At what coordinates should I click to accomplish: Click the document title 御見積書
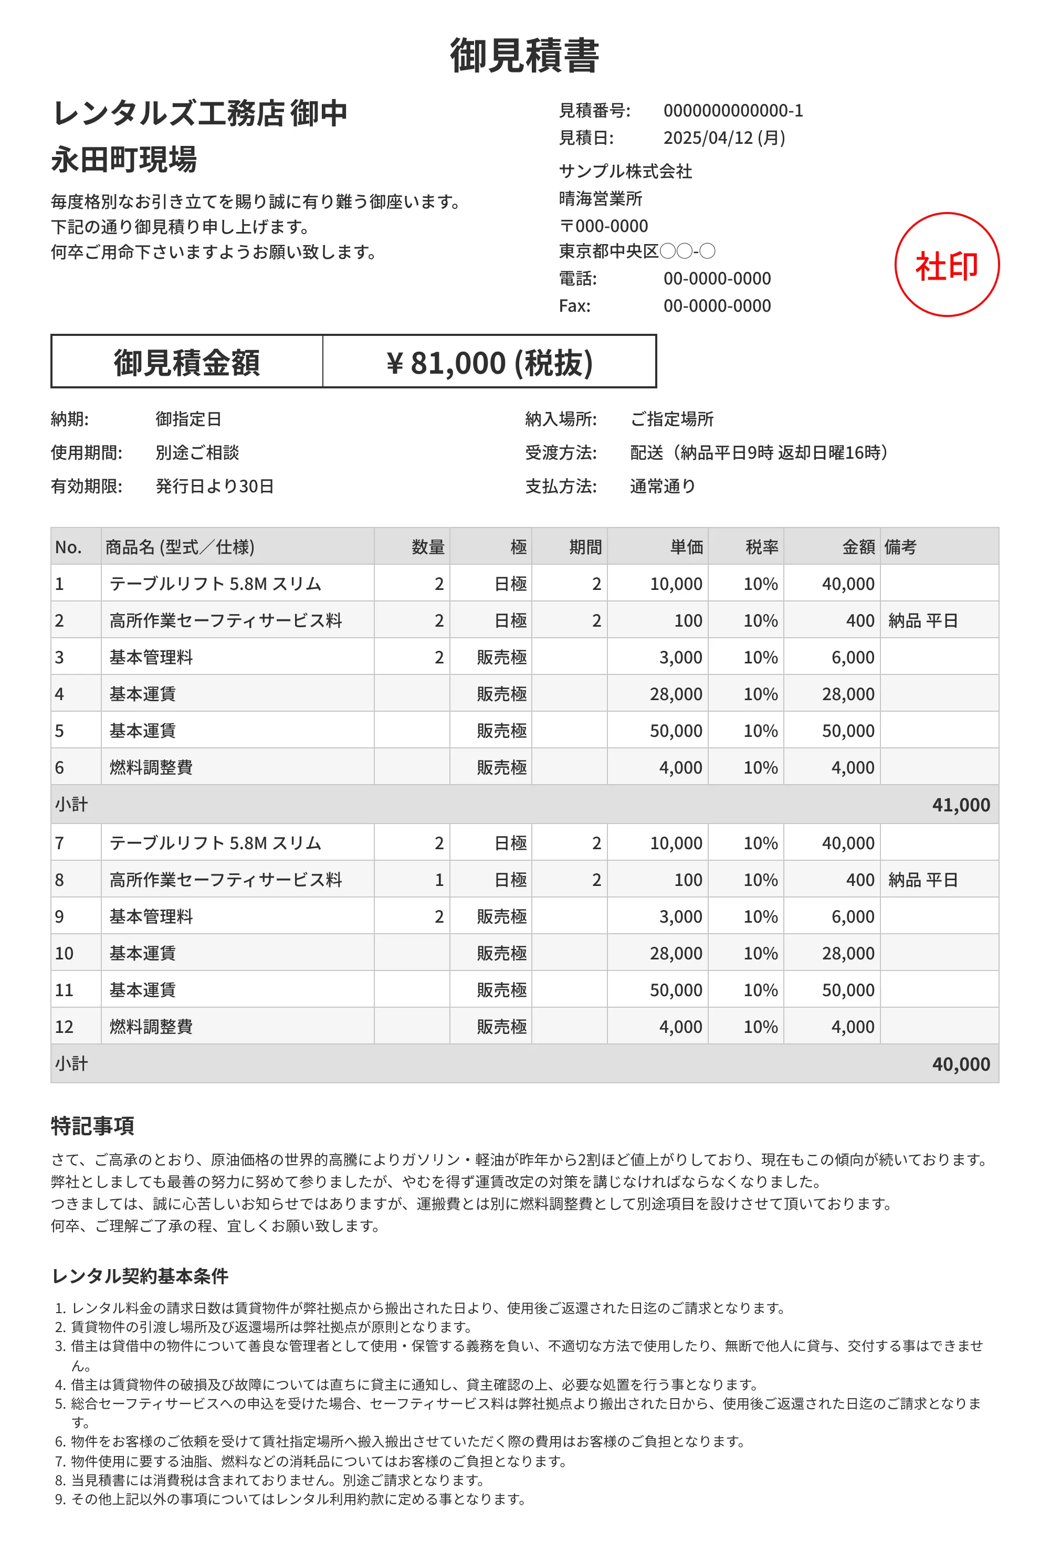pos(524,56)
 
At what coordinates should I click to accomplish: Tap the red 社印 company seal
pos(947,265)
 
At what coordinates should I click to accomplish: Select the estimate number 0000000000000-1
pos(733,111)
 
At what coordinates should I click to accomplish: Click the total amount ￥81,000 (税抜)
pos(489,362)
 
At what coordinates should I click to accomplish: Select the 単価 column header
pos(686,547)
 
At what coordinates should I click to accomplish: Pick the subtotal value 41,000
pos(960,805)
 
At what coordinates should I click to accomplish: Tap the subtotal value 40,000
pos(960,1064)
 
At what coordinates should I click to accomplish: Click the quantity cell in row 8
pos(439,880)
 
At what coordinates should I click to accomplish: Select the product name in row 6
pos(151,768)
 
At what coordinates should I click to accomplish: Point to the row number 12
pos(65,1027)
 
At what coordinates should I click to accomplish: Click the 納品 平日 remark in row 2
pos(922,620)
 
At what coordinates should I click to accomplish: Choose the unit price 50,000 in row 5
pos(676,731)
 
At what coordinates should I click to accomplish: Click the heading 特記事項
pos(93,1125)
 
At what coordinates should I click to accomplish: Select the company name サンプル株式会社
pos(625,171)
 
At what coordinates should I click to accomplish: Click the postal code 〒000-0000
pos(604,226)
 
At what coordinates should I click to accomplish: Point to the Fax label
pos(575,306)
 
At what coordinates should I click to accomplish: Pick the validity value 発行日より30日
pos(214,487)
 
